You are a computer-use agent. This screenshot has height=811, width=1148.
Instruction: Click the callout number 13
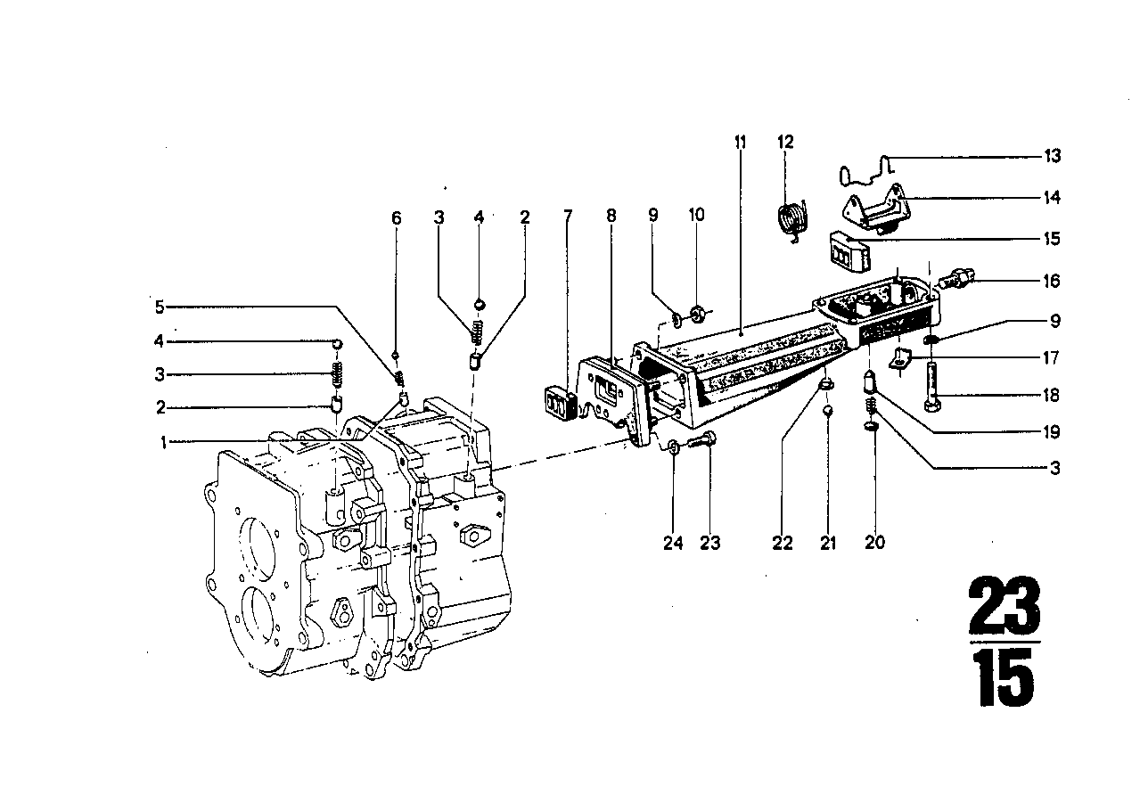(x=1053, y=157)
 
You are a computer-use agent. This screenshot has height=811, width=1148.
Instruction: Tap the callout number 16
(x=1053, y=282)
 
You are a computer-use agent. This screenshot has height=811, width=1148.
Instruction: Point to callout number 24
(x=673, y=543)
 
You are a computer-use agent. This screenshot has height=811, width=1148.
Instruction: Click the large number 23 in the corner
(x=1004, y=605)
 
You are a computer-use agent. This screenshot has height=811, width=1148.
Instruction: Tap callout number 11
(x=740, y=143)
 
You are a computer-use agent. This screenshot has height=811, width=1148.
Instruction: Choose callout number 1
(x=164, y=442)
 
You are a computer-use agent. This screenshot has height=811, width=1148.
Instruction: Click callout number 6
(x=397, y=218)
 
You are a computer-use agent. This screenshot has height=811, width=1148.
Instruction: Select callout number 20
(x=874, y=543)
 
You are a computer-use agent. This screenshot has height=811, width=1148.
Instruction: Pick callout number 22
(x=782, y=543)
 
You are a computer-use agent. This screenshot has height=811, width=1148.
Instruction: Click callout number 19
(x=1053, y=433)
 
